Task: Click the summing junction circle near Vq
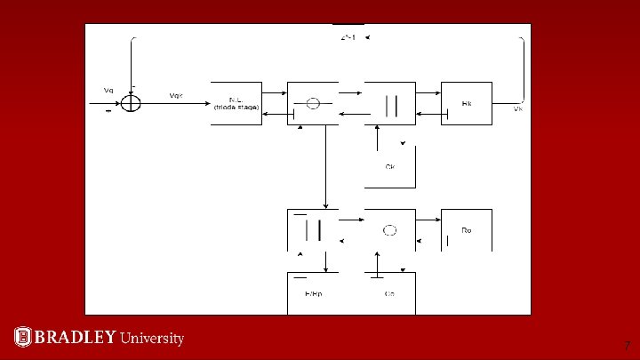click(131, 103)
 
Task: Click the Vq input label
click(108, 90)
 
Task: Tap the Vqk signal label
click(176, 95)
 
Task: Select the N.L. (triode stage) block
click(236, 103)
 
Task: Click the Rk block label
click(467, 104)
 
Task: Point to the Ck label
click(390, 166)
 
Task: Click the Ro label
click(467, 230)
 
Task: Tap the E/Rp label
click(314, 292)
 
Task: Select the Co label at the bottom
click(389, 292)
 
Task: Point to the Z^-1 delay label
click(348, 38)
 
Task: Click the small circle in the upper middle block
click(313, 103)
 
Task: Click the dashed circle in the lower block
click(389, 230)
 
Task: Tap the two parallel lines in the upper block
click(390, 104)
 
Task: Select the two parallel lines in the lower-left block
click(313, 229)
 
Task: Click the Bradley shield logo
click(23, 337)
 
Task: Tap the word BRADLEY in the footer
click(75, 337)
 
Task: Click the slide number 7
click(627, 346)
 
